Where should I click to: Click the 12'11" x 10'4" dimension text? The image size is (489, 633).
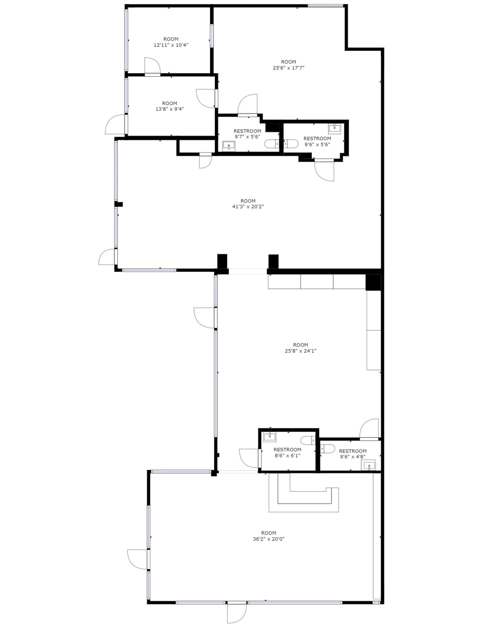(x=171, y=45)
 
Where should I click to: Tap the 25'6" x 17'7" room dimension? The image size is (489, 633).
(x=288, y=68)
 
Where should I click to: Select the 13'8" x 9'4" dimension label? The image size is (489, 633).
(x=170, y=109)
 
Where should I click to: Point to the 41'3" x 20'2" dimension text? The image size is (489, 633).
(x=248, y=207)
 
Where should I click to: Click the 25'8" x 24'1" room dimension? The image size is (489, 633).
(x=300, y=351)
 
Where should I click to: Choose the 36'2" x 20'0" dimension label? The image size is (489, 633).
(x=268, y=539)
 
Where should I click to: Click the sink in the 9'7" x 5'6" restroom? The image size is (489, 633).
(x=229, y=145)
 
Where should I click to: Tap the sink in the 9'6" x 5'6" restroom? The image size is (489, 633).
(x=335, y=128)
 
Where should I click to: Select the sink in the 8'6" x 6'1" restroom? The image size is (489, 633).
(x=269, y=437)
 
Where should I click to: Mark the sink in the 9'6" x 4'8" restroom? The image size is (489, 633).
(x=369, y=465)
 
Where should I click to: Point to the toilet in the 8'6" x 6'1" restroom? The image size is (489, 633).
(x=308, y=440)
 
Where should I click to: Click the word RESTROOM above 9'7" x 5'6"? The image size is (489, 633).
(x=247, y=131)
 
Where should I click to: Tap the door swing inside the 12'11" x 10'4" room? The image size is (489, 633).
(x=152, y=66)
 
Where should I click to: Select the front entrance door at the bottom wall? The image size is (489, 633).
(x=237, y=613)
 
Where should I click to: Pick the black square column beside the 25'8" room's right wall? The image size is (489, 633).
(x=373, y=282)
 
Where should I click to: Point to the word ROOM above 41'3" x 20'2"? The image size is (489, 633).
(x=248, y=201)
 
